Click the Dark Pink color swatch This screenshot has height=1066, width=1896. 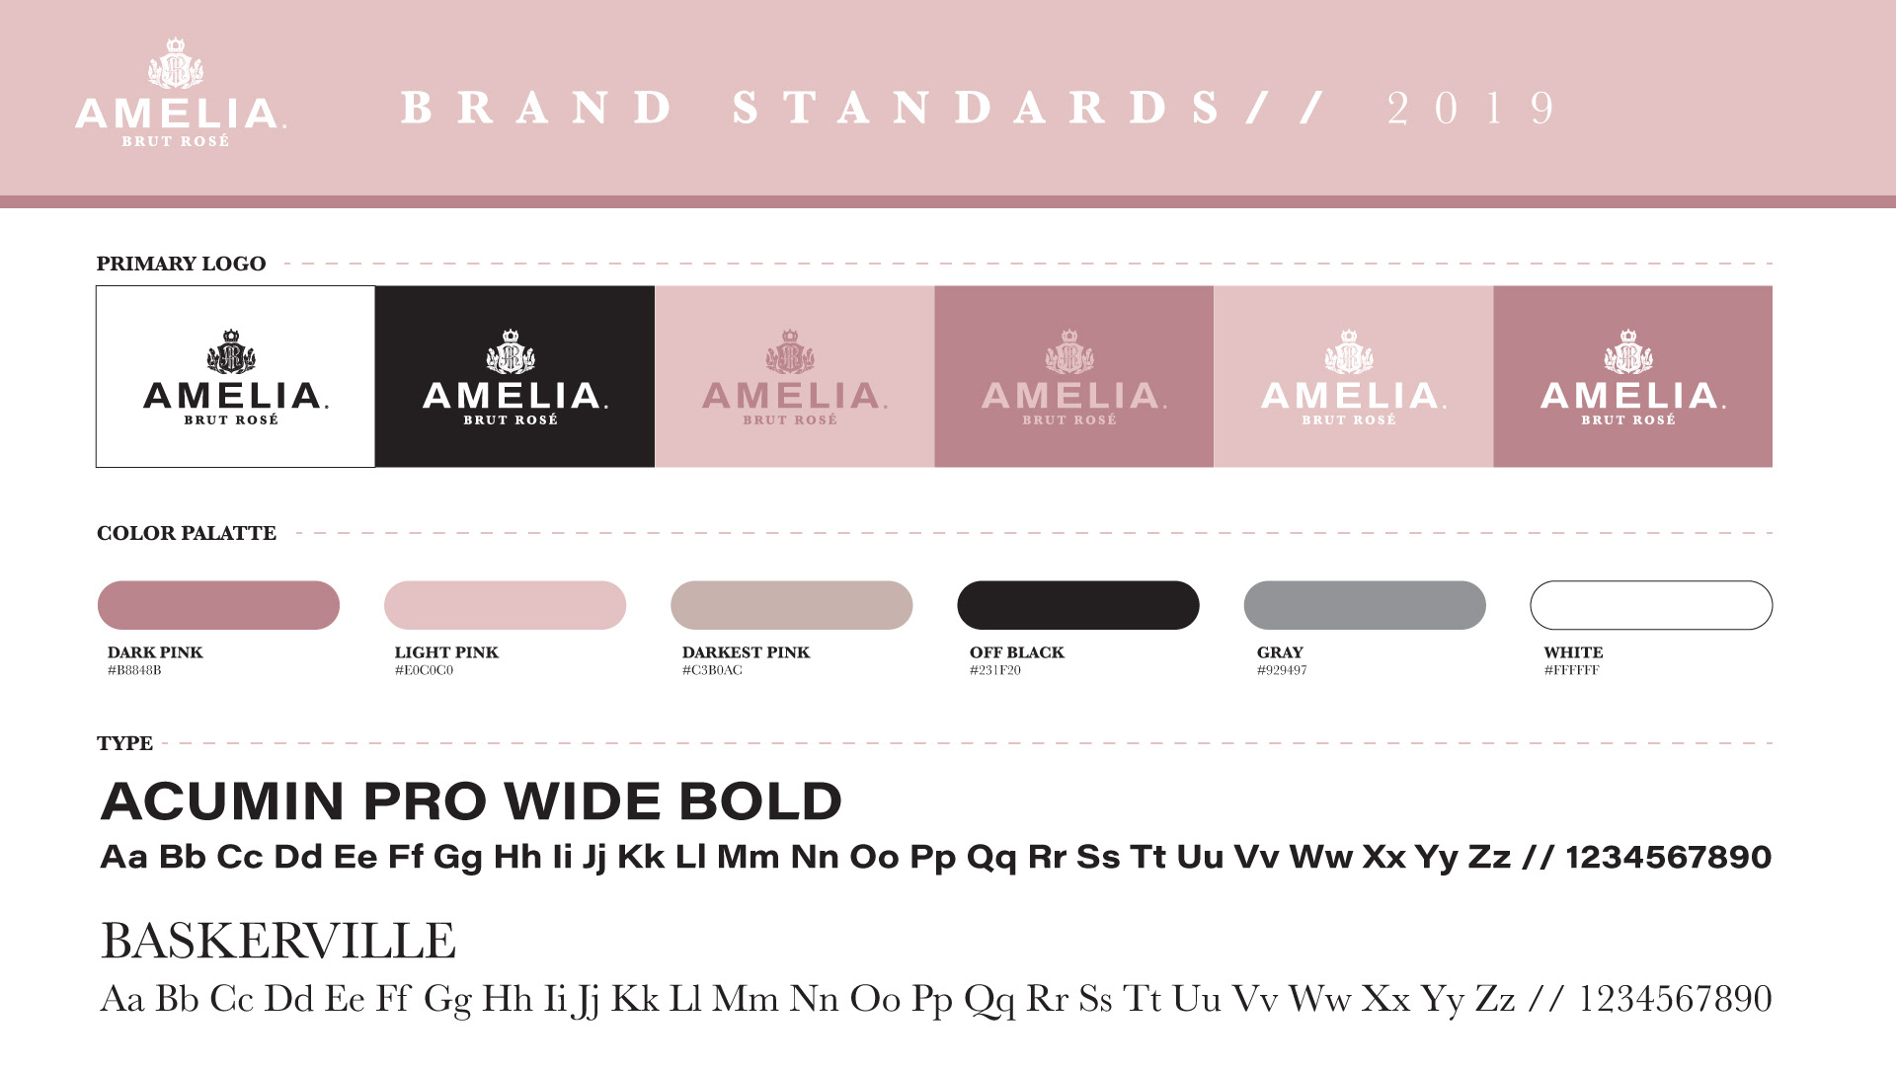tap(218, 605)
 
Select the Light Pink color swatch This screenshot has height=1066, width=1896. tap(505, 605)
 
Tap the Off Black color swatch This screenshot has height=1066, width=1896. tap(1078, 605)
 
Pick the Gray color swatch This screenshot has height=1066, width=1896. tap(1365, 605)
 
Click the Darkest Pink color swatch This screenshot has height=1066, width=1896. tap(791, 605)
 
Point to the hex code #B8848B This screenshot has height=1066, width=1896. tap(134, 670)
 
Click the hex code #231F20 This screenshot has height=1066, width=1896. tap(995, 670)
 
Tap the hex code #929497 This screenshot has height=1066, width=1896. tap(1282, 670)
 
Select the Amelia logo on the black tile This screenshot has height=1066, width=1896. tap(514, 377)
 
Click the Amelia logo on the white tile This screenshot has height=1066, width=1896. tap(235, 377)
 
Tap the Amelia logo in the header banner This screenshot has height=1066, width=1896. tap(181, 93)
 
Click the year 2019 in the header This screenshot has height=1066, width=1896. tap(1471, 109)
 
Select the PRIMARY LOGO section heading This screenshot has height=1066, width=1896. tap(181, 264)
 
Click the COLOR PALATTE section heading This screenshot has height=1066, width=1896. tap(187, 533)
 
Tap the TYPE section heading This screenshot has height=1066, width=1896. tap(124, 743)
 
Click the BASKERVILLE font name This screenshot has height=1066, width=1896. tap(278, 941)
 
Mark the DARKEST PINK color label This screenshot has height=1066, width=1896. tap(746, 652)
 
